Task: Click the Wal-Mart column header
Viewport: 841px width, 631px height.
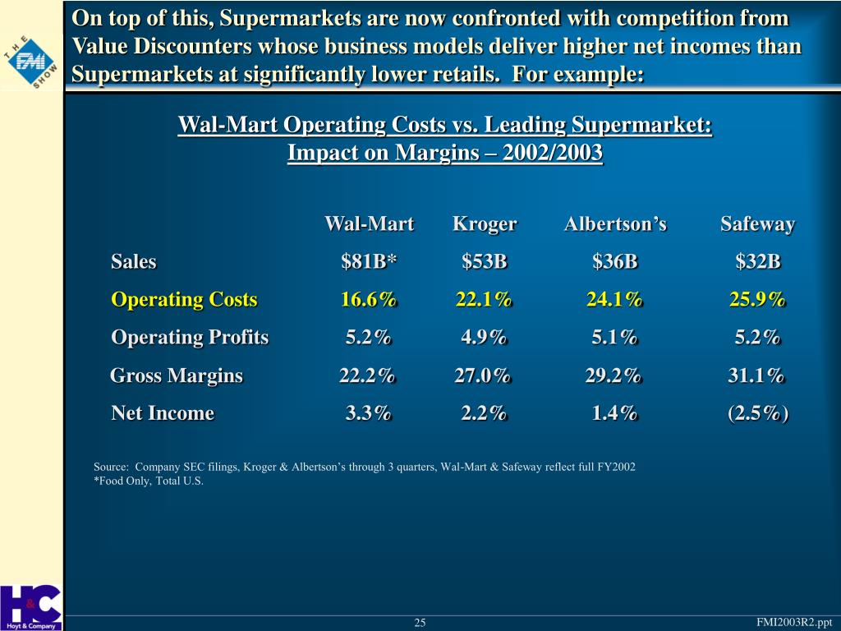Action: tap(369, 224)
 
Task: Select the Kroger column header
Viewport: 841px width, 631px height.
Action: tap(485, 224)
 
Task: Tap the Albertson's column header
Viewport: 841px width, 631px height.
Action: tap(615, 224)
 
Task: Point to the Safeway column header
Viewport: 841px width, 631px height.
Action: tap(757, 224)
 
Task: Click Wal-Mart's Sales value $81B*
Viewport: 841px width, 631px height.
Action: tap(369, 262)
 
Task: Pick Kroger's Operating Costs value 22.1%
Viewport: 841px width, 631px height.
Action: tap(484, 300)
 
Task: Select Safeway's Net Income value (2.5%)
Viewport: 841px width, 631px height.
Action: tap(757, 413)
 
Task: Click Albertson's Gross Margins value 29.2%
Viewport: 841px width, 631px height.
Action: tap(614, 375)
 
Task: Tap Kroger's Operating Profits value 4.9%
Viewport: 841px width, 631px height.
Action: tap(484, 338)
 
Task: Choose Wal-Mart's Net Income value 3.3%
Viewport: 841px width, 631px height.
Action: tap(368, 413)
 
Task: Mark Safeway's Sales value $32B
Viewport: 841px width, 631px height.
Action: tap(757, 262)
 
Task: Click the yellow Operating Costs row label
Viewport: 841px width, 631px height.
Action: tap(184, 300)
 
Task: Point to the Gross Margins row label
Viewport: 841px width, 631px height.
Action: tap(177, 375)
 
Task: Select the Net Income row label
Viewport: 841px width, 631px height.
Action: tap(163, 413)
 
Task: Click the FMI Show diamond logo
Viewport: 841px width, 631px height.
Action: tap(31, 62)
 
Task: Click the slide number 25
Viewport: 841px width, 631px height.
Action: tap(420, 623)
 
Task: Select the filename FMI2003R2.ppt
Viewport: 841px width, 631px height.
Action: tap(794, 622)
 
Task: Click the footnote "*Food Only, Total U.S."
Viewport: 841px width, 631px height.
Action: tap(149, 481)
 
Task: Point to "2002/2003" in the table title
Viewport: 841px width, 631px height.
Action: tap(556, 153)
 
